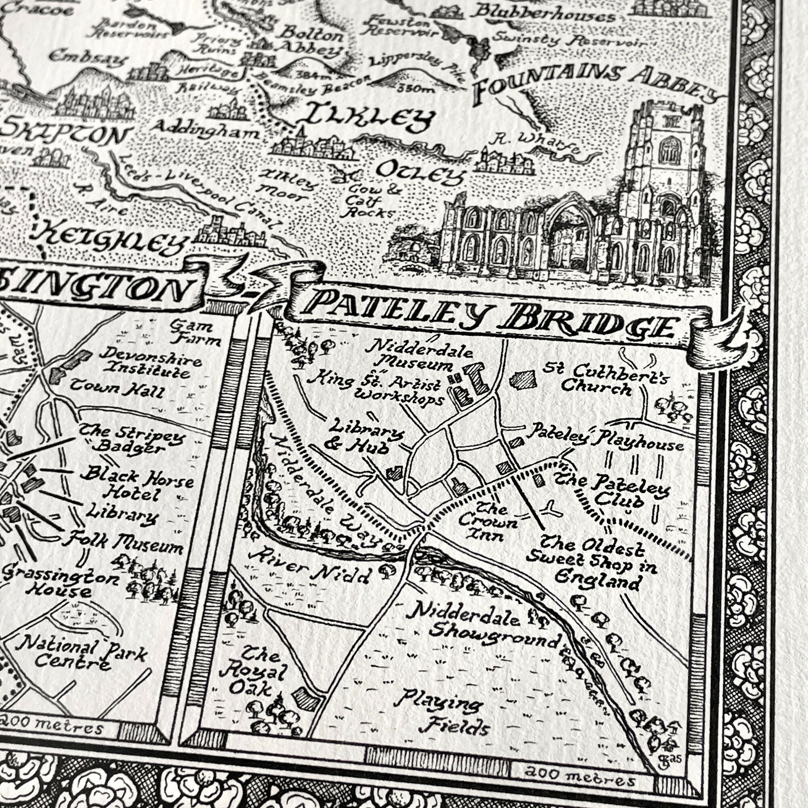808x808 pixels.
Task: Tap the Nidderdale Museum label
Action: coord(418,356)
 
